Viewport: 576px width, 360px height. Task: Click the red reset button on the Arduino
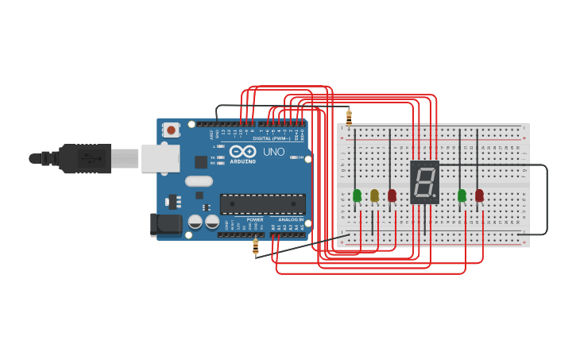(x=172, y=130)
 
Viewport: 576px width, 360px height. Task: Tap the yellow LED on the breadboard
(x=374, y=195)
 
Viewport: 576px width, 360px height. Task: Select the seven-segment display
(x=424, y=182)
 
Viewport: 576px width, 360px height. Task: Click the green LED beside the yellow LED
(x=357, y=195)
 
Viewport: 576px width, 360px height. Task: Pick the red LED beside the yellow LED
(x=392, y=195)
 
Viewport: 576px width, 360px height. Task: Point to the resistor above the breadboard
(x=349, y=117)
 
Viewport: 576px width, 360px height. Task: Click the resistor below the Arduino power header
(x=256, y=247)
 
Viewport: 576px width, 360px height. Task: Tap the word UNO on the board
(x=274, y=151)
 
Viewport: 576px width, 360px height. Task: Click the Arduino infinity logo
(x=242, y=150)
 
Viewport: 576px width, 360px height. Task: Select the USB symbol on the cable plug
(x=94, y=158)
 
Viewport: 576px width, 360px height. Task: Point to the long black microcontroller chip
(x=262, y=203)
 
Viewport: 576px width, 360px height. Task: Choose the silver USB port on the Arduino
(x=160, y=158)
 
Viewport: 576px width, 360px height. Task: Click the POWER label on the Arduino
(x=254, y=219)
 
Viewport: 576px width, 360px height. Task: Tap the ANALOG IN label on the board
(x=290, y=219)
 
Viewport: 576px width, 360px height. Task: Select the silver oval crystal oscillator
(x=199, y=180)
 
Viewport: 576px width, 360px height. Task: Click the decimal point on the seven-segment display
(x=435, y=195)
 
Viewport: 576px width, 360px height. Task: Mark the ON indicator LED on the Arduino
(x=299, y=157)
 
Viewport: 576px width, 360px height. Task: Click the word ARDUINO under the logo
(x=242, y=161)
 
